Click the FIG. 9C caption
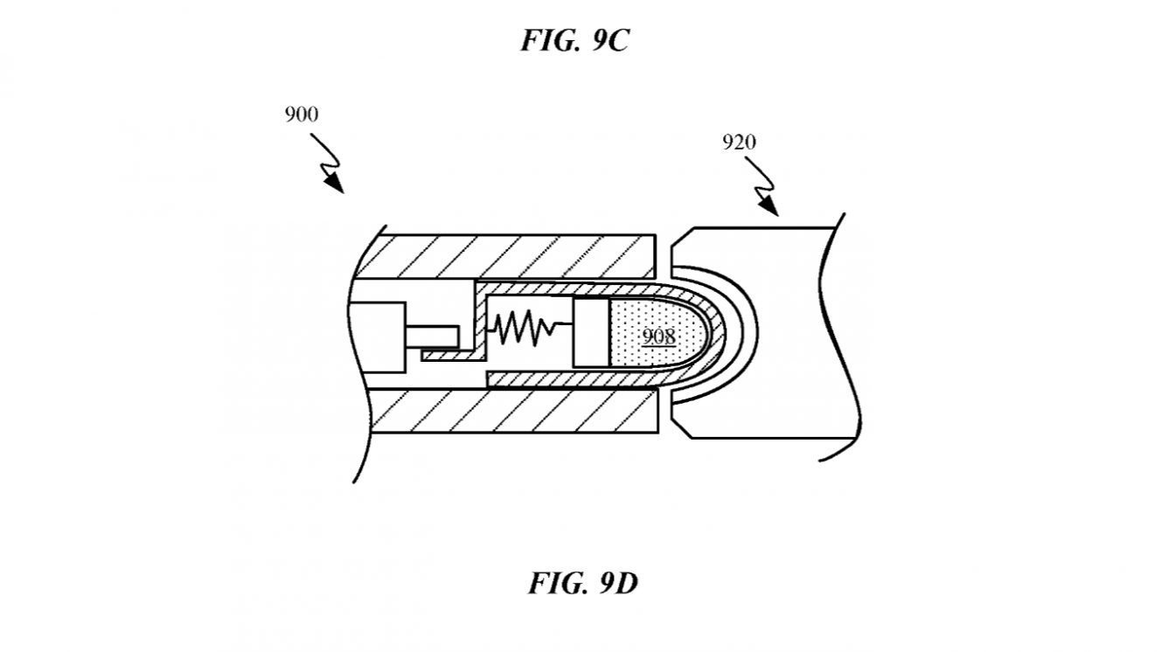pyautogui.click(x=574, y=40)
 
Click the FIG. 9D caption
pyautogui.click(x=583, y=584)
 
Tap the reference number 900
pyautogui.click(x=302, y=114)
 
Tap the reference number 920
pyautogui.click(x=739, y=142)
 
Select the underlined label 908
pyautogui.click(x=659, y=336)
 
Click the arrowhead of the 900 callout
pyautogui.click(x=334, y=183)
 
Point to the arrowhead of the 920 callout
pyautogui.click(x=768, y=206)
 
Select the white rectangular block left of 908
pyautogui.click(x=591, y=332)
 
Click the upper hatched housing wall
pyautogui.click(x=505, y=257)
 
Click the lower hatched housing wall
pyautogui.click(x=514, y=411)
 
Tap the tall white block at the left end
pyautogui.click(x=377, y=337)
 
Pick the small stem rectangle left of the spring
pyautogui.click(x=432, y=337)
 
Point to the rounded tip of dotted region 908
pyautogui.click(x=709, y=332)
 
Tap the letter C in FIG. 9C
pyautogui.click(x=617, y=40)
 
